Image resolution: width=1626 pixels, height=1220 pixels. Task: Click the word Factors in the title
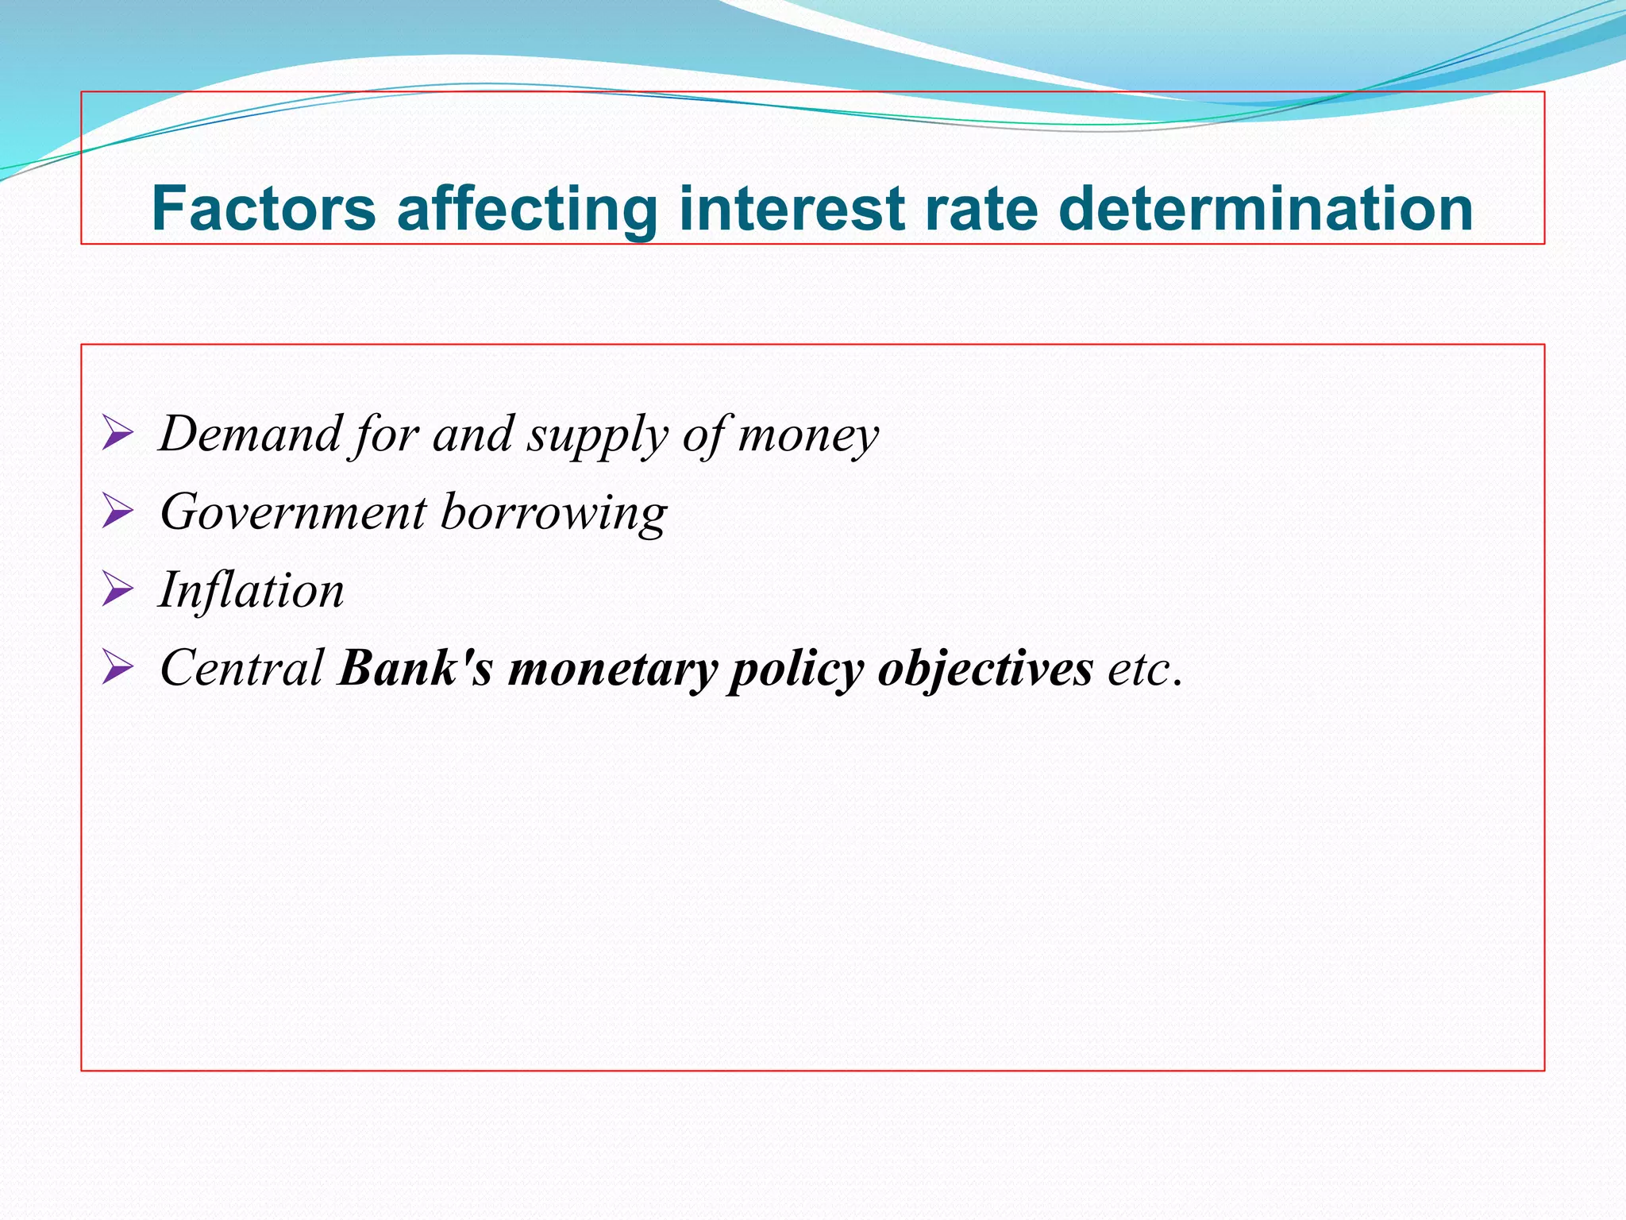click(264, 208)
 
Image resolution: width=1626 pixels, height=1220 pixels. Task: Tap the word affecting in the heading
click(526, 208)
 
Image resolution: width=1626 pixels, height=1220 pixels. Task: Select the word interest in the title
click(792, 208)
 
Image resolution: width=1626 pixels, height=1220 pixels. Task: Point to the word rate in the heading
click(981, 208)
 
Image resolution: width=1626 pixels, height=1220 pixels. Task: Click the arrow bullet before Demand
click(118, 435)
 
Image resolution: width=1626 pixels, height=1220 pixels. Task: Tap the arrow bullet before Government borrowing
click(118, 513)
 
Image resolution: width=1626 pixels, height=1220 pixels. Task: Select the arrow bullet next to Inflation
click(118, 591)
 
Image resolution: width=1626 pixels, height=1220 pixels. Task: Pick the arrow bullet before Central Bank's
click(118, 669)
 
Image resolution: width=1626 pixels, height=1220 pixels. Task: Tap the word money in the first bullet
click(808, 436)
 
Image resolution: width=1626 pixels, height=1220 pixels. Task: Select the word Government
click(293, 512)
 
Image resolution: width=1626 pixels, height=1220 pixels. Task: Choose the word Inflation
click(252, 590)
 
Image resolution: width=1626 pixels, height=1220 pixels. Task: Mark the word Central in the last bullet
click(241, 668)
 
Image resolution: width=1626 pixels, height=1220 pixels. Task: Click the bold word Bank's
click(415, 668)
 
